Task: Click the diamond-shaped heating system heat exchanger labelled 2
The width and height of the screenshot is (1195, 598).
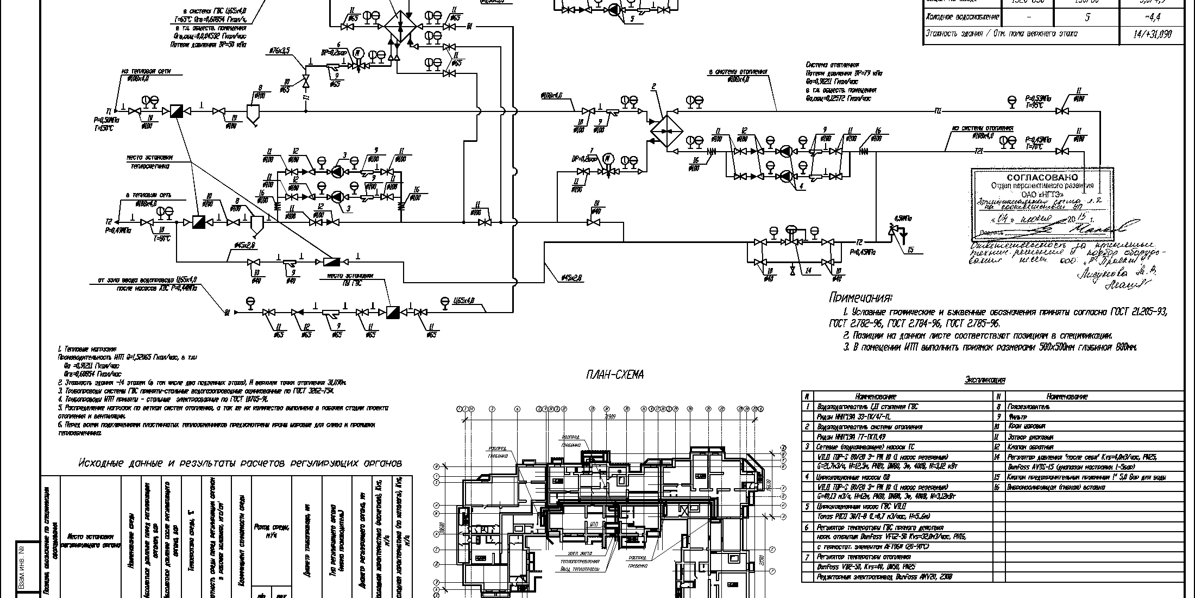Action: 666,131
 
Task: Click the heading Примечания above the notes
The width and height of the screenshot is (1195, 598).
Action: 860,298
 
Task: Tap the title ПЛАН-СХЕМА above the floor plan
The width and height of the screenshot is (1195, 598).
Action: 614,375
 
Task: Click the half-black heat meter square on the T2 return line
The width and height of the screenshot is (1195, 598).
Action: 198,222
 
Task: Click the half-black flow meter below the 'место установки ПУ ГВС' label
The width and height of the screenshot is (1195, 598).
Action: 392,312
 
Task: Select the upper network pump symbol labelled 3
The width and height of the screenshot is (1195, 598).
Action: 337,172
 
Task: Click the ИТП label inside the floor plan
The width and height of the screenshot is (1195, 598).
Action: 593,524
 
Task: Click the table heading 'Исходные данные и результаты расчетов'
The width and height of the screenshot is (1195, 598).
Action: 240,463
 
